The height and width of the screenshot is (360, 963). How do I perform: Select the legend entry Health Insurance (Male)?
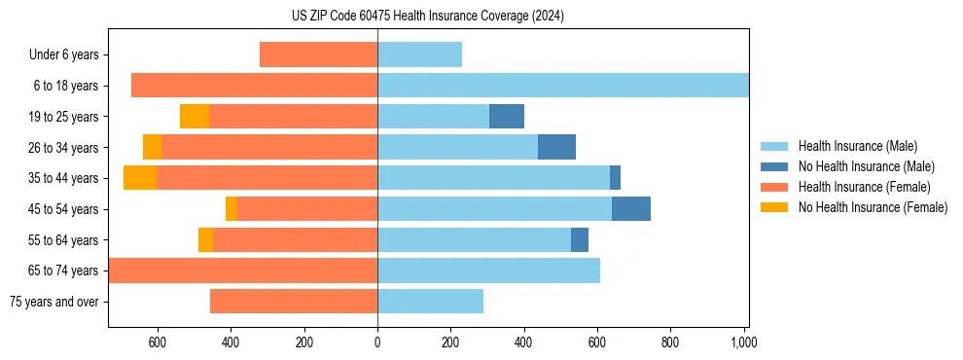856,146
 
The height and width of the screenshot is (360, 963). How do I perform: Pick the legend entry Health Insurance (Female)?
864,187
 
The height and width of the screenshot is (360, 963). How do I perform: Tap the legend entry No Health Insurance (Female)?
873,207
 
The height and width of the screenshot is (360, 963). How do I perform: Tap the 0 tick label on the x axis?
377,342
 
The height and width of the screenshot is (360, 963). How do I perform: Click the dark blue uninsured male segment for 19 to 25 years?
507,117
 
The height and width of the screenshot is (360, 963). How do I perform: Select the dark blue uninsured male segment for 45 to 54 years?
631,209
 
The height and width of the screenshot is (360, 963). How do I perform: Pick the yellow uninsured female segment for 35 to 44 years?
140,178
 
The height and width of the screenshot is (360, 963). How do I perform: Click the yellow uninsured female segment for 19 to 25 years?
195,117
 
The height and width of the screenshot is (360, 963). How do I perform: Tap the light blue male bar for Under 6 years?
419,55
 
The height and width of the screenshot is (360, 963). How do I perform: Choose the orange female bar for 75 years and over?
294,302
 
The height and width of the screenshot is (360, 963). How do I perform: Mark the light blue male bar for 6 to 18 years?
563,86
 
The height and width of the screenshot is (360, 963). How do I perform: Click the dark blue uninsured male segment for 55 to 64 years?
580,239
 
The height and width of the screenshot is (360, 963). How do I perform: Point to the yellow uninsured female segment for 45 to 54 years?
231,209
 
